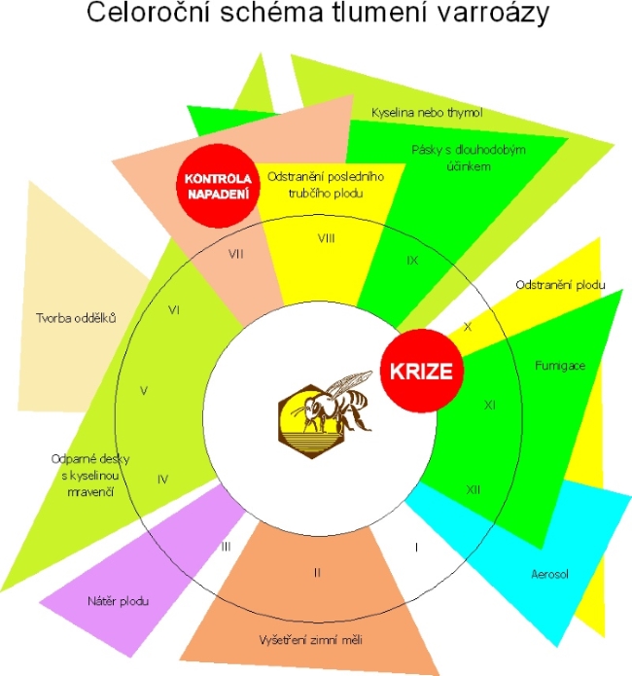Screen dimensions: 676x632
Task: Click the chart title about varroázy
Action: click(316, 17)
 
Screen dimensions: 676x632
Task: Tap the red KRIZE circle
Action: click(421, 371)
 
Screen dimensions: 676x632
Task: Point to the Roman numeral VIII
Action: click(327, 237)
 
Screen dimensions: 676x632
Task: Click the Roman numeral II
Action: click(317, 571)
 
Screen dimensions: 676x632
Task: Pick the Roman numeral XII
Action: click(474, 488)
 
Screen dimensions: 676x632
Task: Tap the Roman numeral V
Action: click(143, 390)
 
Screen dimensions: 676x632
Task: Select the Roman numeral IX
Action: click(412, 261)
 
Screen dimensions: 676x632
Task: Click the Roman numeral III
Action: click(226, 546)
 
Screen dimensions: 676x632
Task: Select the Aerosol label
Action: click(550, 574)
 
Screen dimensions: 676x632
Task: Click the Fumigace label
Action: click(558, 365)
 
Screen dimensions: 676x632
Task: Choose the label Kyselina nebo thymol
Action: click(427, 112)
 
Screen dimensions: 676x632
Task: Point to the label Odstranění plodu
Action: click(561, 285)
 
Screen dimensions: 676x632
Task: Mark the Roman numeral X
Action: click(468, 327)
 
